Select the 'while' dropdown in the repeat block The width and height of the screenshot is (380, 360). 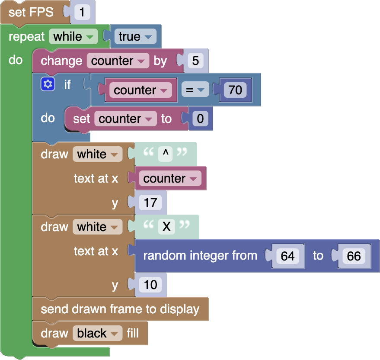[73, 37]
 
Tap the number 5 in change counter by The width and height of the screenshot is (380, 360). [195, 61]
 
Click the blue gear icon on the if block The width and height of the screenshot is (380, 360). [48, 85]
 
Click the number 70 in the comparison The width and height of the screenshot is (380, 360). [235, 90]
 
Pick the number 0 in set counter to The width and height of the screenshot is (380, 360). [199, 119]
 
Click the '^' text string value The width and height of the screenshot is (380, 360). [165, 154]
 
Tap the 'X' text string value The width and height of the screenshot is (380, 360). [166, 226]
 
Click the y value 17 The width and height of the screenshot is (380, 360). [150, 202]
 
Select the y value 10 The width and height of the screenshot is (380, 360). [150, 285]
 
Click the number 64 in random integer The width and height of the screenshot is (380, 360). [287, 256]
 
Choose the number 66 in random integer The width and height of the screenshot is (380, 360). [354, 256]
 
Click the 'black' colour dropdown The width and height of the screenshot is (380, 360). [97, 333]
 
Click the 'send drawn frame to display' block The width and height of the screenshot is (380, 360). [120, 309]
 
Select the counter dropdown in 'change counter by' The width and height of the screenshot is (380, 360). [118, 61]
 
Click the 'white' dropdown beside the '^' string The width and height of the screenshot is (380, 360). [97, 154]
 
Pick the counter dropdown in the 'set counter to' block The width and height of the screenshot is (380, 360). [125, 119]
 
